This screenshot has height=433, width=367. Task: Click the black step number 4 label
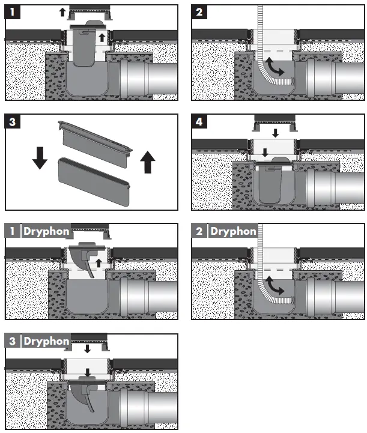pos(199,121)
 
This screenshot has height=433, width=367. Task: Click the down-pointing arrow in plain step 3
pos(40,158)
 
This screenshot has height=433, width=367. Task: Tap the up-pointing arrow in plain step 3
pos(148,162)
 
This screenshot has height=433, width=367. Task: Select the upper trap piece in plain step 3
pos(95,144)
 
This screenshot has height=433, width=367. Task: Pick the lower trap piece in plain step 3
pos(94,181)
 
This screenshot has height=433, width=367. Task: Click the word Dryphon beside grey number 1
pos(46,231)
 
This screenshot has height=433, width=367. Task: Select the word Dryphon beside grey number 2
pos(233,231)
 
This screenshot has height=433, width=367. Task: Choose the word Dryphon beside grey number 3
pos(46,341)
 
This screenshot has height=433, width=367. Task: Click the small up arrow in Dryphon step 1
pos(99,263)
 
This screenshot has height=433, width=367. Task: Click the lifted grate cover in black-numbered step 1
pos(89,13)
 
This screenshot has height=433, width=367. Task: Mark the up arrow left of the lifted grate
pos(62,12)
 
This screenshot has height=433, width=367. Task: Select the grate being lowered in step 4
pos(274,123)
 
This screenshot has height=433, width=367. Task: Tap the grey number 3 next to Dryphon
pos(13,341)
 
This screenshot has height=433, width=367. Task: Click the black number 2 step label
pos(199,12)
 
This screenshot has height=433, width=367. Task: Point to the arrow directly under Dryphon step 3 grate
pos(87,348)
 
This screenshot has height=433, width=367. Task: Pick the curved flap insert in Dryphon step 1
pos(86,259)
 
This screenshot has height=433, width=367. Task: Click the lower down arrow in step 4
pos(265,153)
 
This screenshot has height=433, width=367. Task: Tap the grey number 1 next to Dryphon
pos(13,231)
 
